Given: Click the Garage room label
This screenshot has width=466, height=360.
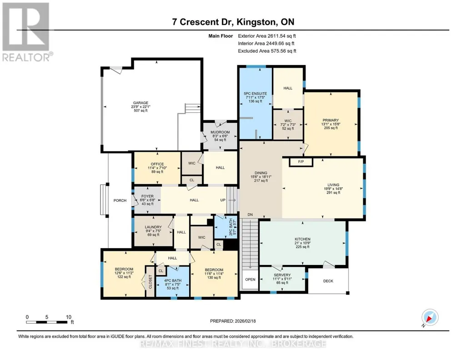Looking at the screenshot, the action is (140, 103).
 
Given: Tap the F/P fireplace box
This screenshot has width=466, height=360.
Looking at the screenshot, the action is (301, 162).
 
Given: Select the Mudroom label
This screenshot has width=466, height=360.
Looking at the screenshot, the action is (220, 132).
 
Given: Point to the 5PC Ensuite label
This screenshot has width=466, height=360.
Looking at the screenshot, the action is (256, 94).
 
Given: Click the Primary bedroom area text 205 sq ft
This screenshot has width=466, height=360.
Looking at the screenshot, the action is (331, 128).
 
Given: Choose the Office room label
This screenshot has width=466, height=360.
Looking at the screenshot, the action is (157, 164).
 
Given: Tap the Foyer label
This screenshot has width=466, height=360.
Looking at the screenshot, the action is (147, 196).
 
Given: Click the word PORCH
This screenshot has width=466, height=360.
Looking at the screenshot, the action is (120, 200).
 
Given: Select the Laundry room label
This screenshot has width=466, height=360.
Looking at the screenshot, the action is (153, 227).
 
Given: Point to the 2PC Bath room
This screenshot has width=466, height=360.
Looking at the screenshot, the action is (226, 227).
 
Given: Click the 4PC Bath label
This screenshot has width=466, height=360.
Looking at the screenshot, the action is (173, 280).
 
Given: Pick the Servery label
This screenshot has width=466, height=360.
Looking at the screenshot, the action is (282, 275).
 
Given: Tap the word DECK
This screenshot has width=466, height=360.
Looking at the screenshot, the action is (328, 281).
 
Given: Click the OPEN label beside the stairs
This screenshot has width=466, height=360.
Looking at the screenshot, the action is (250, 280).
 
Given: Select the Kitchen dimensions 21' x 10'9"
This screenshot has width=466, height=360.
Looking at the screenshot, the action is (302, 243).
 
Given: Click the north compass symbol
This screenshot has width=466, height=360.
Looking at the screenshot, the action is (430, 318).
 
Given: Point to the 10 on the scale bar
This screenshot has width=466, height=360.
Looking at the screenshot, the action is (69, 317).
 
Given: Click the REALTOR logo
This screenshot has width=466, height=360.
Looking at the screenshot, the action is (27, 32).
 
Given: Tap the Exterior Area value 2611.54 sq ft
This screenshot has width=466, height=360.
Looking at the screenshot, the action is (282, 36).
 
